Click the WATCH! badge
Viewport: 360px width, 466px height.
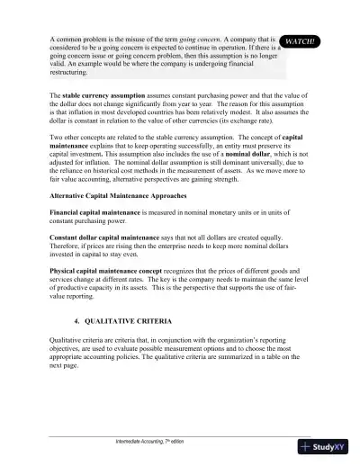tap(304, 41)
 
